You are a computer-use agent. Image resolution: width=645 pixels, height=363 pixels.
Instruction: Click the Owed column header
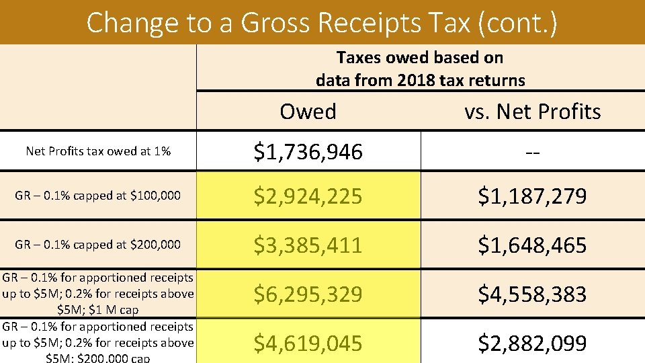(x=308, y=111)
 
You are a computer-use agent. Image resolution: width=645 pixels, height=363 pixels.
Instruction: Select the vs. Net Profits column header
(x=532, y=111)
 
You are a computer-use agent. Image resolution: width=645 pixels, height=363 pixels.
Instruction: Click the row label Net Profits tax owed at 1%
(x=98, y=151)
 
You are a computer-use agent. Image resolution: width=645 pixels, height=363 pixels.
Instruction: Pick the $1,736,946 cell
(x=308, y=152)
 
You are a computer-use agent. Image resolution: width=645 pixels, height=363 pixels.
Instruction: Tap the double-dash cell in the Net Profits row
(x=532, y=152)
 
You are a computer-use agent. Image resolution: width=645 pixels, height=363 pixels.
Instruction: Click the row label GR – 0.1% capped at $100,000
(x=98, y=196)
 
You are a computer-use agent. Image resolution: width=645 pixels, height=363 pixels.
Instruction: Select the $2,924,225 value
(x=308, y=196)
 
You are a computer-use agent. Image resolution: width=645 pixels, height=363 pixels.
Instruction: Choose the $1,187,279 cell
(x=532, y=196)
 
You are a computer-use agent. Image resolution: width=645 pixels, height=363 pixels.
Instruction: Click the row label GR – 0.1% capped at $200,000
(x=98, y=245)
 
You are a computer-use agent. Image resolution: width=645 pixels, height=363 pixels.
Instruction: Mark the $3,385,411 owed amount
(x=308, y=245)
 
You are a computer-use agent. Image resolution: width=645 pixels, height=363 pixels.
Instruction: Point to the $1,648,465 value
(x=532, y=245)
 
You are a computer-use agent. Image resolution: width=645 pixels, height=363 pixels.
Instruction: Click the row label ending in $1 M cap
(x=98, y=294)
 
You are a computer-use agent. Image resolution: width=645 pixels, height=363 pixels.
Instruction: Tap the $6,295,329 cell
(x=308, y=294)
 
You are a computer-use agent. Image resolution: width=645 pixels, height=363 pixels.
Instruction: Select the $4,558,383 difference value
(x=532, y=294)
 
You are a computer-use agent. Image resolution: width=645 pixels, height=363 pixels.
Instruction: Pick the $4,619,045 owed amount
(x=308, y=344)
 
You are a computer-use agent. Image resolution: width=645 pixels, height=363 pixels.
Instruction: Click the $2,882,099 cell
(x=532, y=344)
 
